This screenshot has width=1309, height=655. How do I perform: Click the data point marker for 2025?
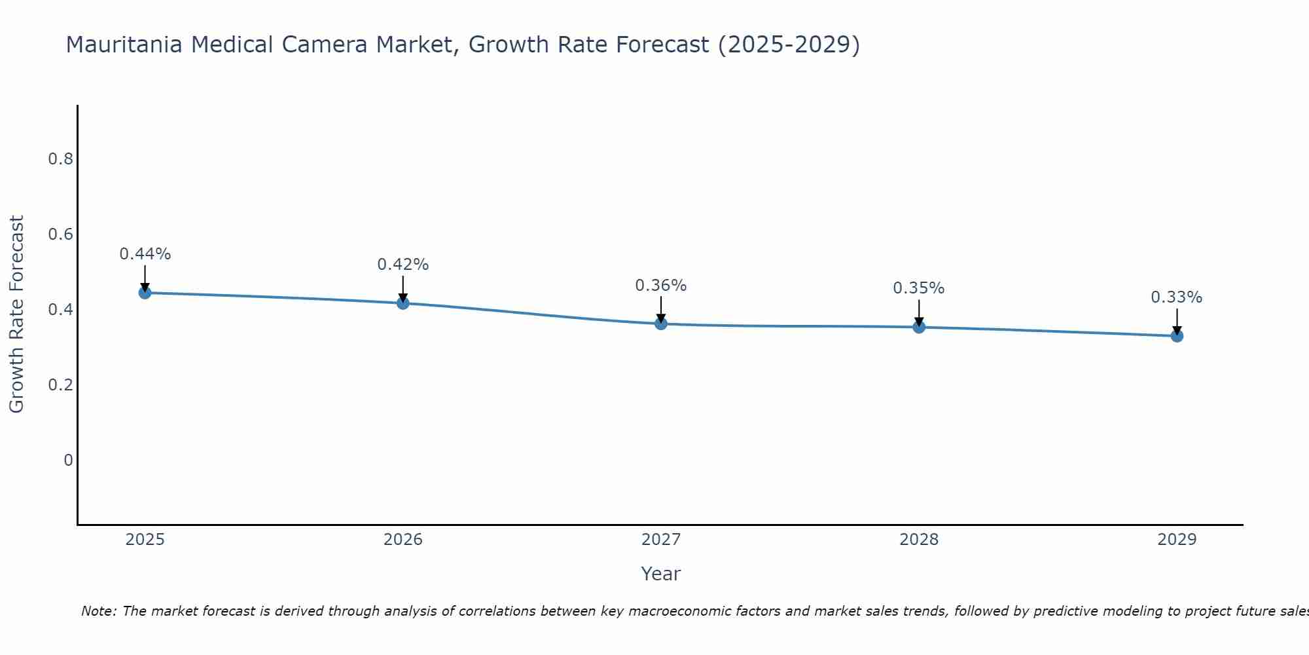point(145,293)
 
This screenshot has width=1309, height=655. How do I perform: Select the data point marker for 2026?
point(403,303)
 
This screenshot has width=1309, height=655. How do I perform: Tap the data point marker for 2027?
point(661,324)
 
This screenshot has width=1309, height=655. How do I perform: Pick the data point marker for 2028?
point(919,327)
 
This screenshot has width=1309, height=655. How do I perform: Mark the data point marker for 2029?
point(1177,336)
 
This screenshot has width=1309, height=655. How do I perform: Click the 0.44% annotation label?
point(145,254)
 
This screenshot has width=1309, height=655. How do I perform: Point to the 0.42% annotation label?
point(403,265)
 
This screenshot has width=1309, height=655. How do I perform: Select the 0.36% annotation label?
point(661,286)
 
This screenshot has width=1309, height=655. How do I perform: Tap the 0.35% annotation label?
point(919,288)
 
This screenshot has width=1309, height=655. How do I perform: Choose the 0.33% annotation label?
point(1177,297)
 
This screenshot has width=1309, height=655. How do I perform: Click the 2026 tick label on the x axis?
point(403,540)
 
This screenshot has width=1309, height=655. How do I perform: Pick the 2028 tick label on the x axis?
point(919,540)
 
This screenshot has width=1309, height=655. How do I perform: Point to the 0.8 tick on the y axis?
point(60,159)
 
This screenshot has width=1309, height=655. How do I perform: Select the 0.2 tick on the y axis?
point(60,384)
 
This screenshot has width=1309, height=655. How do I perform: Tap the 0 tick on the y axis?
point(68,460)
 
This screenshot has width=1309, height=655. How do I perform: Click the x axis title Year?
point(661,574)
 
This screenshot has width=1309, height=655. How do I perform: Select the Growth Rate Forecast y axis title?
point(16,314)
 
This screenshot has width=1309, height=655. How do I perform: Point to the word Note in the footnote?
point(98,611)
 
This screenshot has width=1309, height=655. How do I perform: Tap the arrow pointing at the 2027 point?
point(661,309)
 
